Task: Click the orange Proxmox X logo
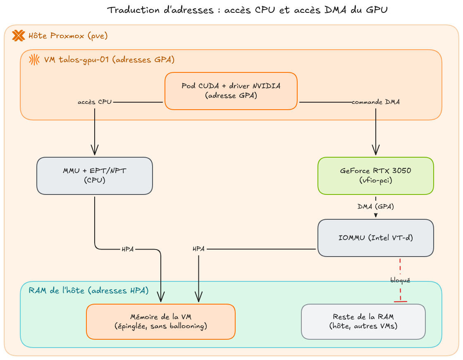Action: tap(18, 36)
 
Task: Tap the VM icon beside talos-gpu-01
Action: tap(34, 60)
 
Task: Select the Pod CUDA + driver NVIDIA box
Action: tap(231, 91)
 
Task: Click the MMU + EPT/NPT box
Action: tap(95, 176)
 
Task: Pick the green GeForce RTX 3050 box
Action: tap(376, 176)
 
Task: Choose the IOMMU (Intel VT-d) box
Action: tap(376, 238)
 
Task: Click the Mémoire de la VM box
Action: tap(161, 322)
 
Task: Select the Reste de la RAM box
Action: tap(363, 322)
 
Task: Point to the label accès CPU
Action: tap(95, 102)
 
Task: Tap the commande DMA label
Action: tap(376, 102)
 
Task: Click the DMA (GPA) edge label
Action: tap(376, 206)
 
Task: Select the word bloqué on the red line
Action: tap(400, 280)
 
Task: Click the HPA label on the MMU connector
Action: tap(128, 249)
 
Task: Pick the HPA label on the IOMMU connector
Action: tap(198, 249)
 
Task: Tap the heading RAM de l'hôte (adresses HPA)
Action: tap(88, 290)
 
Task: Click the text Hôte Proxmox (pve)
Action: tap(68, 36)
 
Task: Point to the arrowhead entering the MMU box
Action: tap(95, 150)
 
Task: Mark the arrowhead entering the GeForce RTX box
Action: tap(376, 150)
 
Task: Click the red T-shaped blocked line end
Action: tap(401, 302)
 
